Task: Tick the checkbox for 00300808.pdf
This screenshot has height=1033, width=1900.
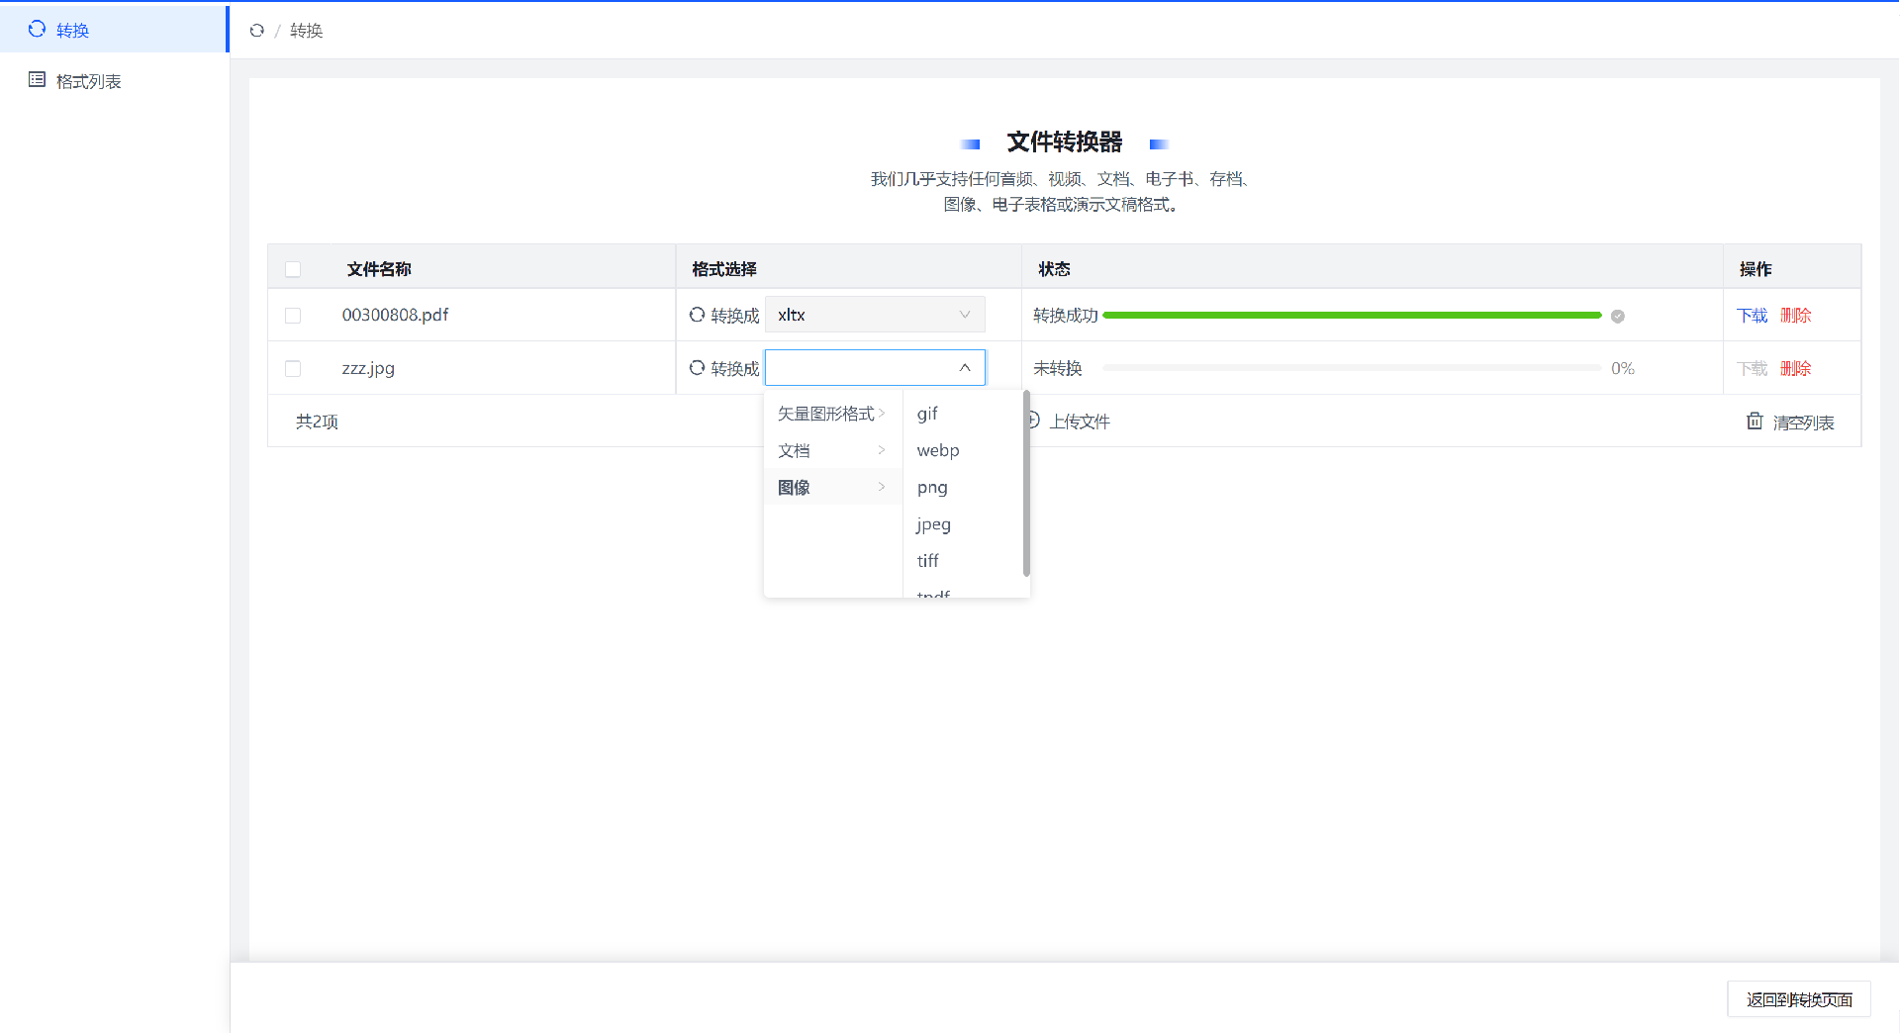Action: tap(293, 316)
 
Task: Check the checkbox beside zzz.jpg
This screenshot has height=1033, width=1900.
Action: tap(293, 369)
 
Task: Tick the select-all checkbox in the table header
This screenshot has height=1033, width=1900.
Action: tap(293, 269)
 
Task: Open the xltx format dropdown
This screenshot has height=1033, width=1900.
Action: tap(875, 315)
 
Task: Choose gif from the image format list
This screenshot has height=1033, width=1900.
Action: tap(927, 414)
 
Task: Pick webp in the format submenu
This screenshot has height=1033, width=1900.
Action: tap(938, 450)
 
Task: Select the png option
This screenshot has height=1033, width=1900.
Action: tap(932, 487)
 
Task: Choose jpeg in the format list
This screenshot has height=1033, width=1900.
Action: tap(933, 523)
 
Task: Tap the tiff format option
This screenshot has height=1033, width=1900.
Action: tap(927, 560)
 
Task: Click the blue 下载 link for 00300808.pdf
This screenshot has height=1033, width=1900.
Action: tap(1752, 316)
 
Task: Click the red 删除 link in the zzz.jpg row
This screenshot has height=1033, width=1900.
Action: tap(1795, 369)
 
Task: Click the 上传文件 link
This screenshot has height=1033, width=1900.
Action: tap(1079, 422)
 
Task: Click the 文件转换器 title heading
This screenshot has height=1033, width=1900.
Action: tap(1065, 142)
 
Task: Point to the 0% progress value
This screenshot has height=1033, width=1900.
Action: tap(1623, 368)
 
